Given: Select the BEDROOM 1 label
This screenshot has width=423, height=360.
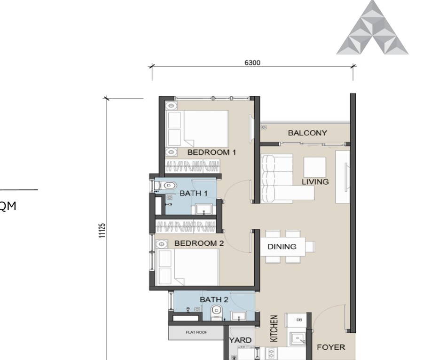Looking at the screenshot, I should pos(211,152).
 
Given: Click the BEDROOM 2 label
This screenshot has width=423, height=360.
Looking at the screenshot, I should pos(199,243).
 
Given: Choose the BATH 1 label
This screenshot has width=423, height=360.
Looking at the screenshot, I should pos(194,193).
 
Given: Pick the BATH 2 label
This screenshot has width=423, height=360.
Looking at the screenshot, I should pos(214,299).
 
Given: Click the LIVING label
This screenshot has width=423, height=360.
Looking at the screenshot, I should pos(315,182).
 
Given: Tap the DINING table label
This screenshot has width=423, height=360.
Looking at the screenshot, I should pos(282,246).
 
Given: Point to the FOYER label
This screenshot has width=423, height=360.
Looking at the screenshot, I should pos(331,348).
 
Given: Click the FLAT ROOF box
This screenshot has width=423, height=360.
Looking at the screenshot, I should pos(195,332).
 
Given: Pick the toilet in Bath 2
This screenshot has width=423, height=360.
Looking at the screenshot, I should pos(217,310).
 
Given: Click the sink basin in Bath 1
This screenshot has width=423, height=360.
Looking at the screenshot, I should pos(203,208).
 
